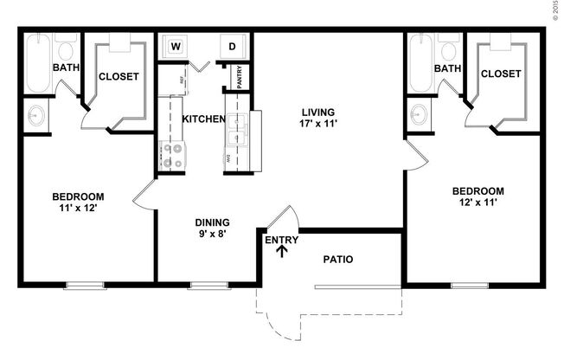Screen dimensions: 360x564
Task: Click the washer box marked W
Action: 176,46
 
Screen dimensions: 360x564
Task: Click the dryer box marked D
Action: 233,46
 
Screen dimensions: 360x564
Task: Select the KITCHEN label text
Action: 204,119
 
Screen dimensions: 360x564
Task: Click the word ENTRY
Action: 281,240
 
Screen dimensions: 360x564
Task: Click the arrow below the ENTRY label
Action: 281,252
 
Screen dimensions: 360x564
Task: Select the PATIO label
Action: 338,259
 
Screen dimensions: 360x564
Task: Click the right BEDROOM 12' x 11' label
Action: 478,196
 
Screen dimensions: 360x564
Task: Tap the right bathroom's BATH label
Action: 447,68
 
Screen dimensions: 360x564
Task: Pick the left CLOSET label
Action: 118,76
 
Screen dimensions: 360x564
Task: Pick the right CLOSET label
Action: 501,74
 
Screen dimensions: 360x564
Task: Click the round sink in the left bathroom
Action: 36,114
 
